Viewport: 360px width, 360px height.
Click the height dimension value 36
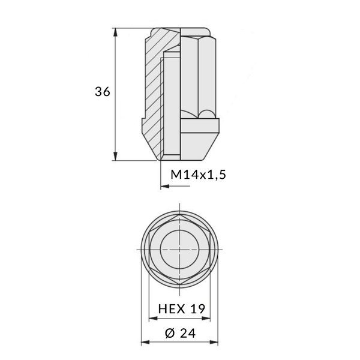(x=103, y=92)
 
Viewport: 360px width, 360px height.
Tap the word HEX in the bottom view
(x=170, y=309)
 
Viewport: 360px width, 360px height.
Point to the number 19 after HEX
(x=199, y=309)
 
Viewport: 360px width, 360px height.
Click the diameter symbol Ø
(x=168, y=334)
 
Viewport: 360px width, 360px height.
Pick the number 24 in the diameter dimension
(x=188, y=334)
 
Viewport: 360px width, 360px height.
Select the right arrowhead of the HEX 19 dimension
(x=209, y=320)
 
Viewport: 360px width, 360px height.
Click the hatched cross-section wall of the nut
(x=152, y=90)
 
